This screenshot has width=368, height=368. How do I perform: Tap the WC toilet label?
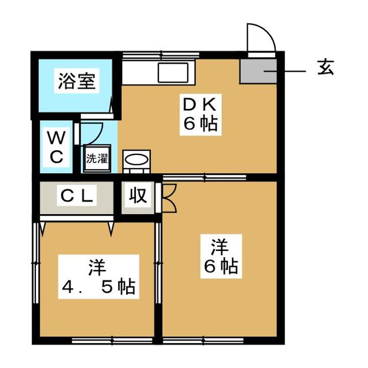pos(56,147)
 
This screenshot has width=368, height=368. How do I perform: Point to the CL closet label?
pos(77,196)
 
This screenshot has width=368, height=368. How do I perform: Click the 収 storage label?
pos(137,195)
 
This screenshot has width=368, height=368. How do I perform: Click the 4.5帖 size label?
pos(97,287)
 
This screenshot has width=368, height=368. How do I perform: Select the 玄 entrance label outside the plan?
pos(325,68)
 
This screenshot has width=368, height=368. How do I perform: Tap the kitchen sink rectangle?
pos(175,73)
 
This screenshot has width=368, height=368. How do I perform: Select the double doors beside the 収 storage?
pos(168,197)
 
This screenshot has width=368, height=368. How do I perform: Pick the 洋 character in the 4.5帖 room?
pos(96,267)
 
